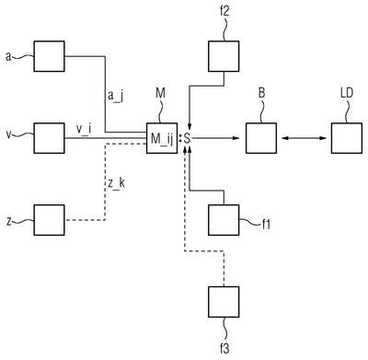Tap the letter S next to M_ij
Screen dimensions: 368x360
click(x=187, y=139)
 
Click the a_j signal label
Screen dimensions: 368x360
click(x=115, y=97)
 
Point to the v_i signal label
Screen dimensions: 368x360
click(x=84, y=129)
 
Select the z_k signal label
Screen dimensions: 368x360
click(x=116, y=183)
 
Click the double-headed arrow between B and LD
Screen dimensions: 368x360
click(x=304, y=138)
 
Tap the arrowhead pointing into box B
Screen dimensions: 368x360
click(x=236, y=138)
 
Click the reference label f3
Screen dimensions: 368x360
click(x=224, y=348)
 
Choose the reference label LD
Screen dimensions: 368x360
click(x=347, y=93)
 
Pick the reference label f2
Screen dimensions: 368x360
click(x=224, y=12)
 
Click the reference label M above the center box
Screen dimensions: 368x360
click(x=160, y=94)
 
